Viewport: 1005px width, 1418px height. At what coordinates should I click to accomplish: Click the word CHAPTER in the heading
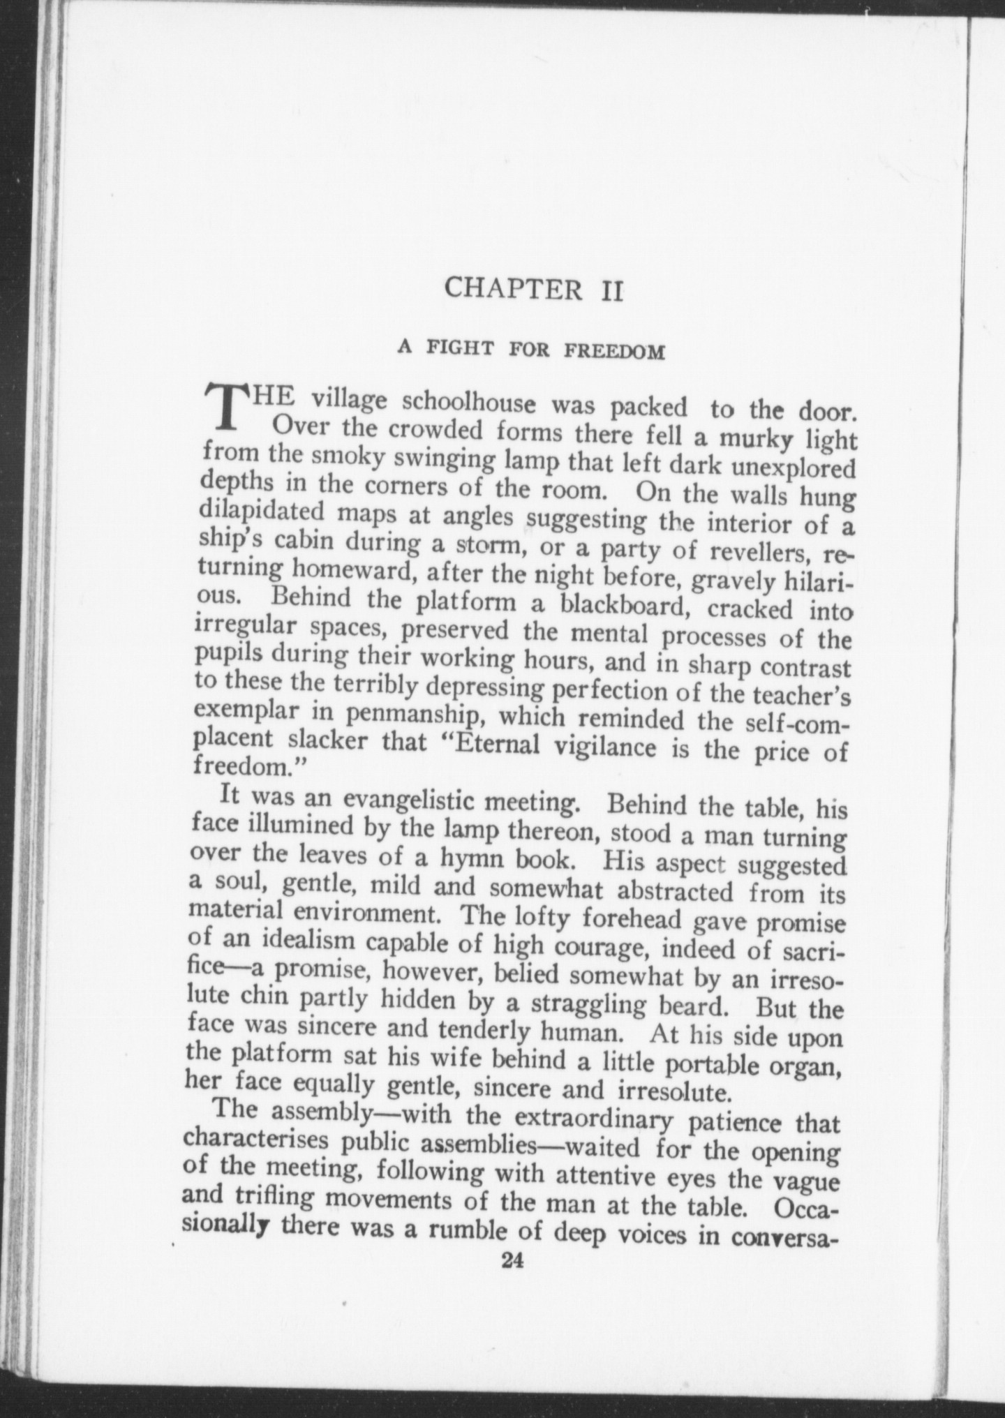(513, 289)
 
